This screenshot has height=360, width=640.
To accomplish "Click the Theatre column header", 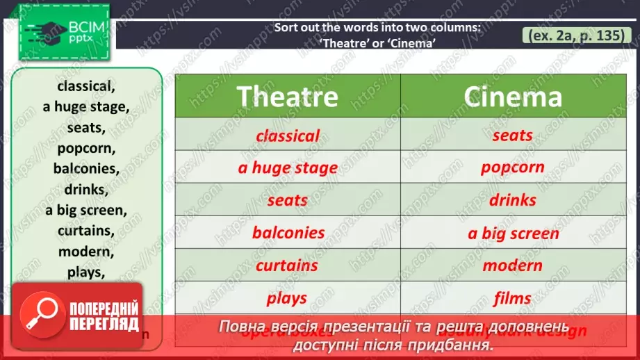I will point(287,97).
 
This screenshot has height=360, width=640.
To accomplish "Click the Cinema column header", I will point(512,97).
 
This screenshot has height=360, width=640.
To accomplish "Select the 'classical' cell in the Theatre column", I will point(287,136).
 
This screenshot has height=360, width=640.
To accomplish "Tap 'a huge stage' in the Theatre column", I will point(287,168).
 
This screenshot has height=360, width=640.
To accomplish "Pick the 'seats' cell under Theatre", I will point(287,200).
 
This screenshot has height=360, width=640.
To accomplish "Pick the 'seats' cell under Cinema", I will point(512,136).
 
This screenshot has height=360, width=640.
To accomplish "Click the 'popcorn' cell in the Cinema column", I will point(512,168).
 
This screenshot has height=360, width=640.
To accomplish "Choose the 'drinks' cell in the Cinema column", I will point(512,200).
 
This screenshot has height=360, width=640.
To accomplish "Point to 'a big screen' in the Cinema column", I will point(512,234).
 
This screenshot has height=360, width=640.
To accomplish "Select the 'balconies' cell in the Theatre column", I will point(287,232).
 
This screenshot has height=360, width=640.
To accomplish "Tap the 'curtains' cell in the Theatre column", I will point(287,265).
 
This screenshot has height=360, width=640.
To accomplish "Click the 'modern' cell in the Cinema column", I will point(512,265).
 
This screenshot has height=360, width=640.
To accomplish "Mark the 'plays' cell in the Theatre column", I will point(287,298).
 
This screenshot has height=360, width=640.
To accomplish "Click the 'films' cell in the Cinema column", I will point(512,298).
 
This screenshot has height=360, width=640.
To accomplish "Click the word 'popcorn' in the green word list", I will point(86,148).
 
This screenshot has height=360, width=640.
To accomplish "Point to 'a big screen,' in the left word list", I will point(86,210).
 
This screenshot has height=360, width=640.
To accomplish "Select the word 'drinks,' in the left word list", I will point(86,189).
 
